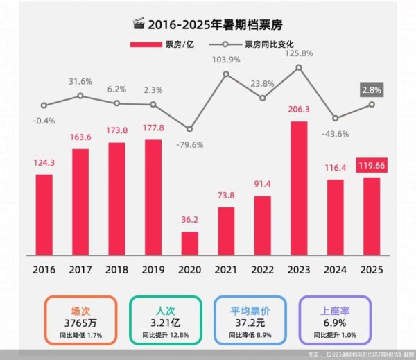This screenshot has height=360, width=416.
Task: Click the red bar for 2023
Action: coord(299,189)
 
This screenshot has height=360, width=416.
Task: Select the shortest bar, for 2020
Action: coord(189,243)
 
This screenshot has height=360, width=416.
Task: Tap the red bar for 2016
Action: coord(44,214)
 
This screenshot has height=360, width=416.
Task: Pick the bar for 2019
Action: coord(153,198)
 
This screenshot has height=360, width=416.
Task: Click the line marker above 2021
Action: coord(226,74)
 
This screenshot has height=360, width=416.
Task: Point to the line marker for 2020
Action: coord(189,129)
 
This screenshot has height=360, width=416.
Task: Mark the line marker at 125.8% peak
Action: coord(299,67)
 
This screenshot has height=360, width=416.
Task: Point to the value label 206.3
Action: coord(299,111)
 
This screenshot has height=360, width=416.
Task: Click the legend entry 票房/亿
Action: coord(159,44)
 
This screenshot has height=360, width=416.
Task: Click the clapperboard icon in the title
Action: coord(137,25)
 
